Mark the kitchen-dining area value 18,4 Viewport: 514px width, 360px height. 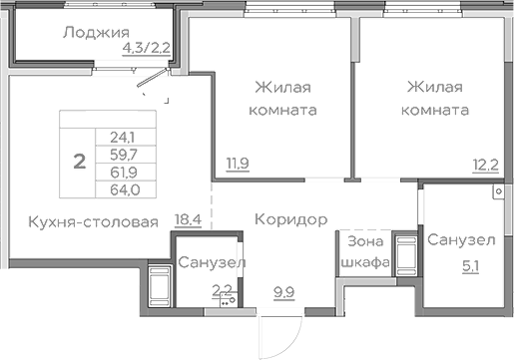189,221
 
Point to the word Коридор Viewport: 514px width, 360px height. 290,218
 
